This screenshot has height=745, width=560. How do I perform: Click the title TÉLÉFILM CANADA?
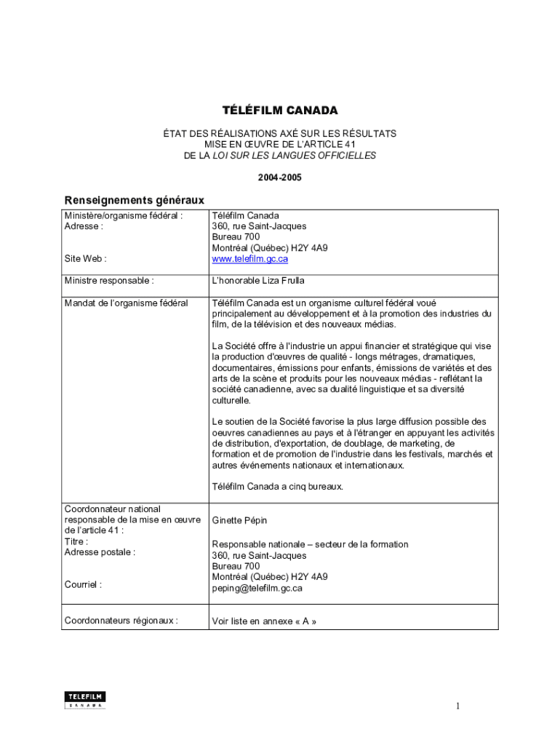point(280,111)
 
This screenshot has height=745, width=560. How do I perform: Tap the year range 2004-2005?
point(280,177)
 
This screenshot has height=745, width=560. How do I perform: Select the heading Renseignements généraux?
point(135,199)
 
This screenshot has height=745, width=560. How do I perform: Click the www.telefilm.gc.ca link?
point(250,258)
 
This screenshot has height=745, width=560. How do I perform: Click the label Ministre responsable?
point(109,280)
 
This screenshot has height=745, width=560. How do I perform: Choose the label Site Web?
point(86,258)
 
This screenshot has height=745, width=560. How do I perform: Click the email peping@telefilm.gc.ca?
point(257,588)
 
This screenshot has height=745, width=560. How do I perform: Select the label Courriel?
point(83,584)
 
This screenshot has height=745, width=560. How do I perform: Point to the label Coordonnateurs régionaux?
point(121,621)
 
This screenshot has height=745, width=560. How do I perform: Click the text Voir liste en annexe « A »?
point(264,621)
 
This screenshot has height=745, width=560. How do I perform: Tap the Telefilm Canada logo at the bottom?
point(85,699)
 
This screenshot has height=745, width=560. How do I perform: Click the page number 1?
point(458,706)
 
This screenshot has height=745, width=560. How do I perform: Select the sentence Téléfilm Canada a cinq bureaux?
point(277,486)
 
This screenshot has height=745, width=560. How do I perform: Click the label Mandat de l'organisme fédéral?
point(126,303)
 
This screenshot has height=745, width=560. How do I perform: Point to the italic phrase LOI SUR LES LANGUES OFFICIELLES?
point(295,156)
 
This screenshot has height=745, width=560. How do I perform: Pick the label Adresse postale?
point(100,552)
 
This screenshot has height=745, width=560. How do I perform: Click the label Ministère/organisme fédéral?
point(123,215)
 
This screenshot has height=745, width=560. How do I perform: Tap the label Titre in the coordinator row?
point(76,541)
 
